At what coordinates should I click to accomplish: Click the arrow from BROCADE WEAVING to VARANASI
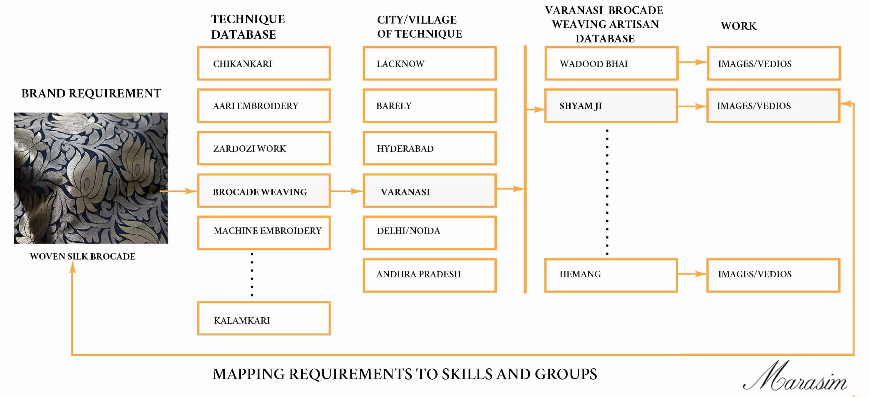[x=347, y=191]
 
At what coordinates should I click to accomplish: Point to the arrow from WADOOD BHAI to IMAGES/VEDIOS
[x=693, y=62]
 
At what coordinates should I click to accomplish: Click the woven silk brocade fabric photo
[x=91, y=178]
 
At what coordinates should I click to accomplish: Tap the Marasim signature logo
[x=795, y=376]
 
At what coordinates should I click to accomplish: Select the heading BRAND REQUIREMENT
[x=91, y=93]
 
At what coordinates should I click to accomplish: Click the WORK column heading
[x=738, y=26]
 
